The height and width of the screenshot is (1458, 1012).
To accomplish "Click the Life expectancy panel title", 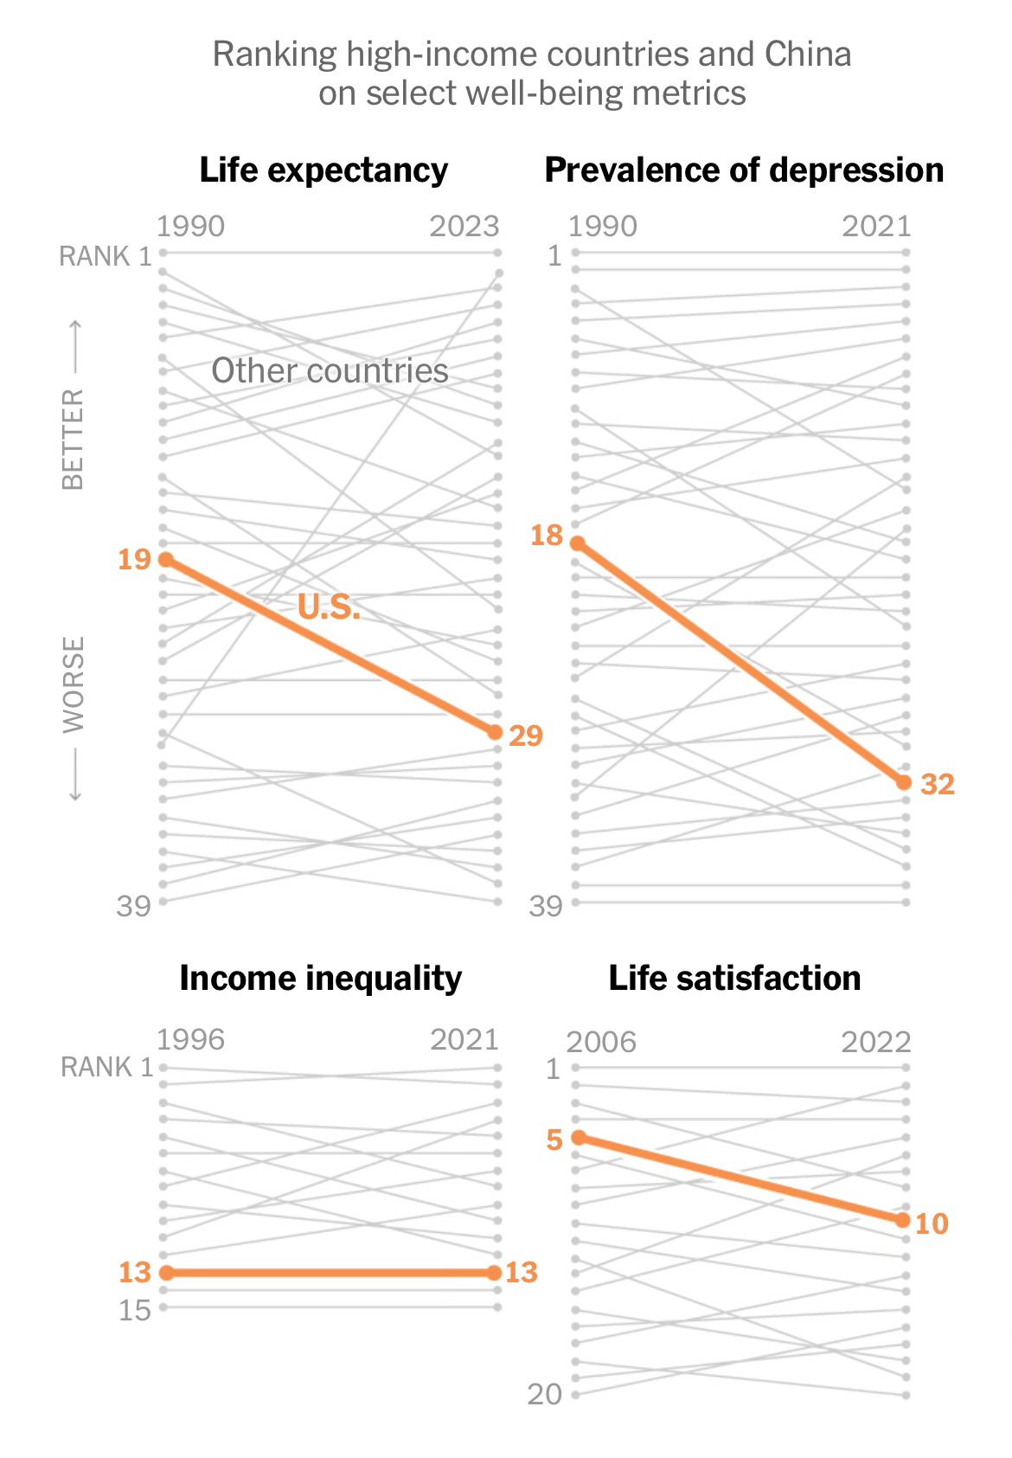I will [x=323, y=170].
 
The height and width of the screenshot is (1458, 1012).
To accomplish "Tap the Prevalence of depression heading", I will [x=744, y=170].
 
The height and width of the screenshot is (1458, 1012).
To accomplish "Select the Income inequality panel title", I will [x=320, y=979].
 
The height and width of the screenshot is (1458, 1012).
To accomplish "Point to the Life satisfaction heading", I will [x=734, y=979].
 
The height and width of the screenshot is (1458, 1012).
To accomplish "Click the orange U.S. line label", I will [x=329, y=607].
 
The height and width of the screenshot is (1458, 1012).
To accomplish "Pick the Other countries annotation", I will [x=330, y=371].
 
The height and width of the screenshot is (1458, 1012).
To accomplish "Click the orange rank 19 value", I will [x=135, y=560].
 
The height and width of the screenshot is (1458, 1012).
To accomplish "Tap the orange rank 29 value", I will [x=526, y=735].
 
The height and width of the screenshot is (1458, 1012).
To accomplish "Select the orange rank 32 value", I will [x=938, y=784].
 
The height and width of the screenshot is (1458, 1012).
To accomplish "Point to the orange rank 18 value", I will [x=547, y=536].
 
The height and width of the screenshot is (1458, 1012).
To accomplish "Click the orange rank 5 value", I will [x=554, y=1140].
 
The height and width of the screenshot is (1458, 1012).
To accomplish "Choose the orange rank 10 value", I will [x=932, y=1224].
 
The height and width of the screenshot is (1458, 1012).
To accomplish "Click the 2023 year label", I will [x=464, y=227].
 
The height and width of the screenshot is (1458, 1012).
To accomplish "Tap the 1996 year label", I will [x=190, y=1039].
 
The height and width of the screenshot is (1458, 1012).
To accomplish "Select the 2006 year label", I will [x=601, y=1042].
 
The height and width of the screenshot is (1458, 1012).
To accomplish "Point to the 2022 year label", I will [x=876, y=1042].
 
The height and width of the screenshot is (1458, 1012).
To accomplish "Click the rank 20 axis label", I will [x=545, y=1394].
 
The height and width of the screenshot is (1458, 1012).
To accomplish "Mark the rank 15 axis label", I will [x=135, y=1310].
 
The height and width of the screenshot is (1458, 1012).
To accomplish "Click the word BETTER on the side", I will [x=74, y=439].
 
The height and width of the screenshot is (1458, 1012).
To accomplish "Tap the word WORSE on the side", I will [x=74, y=684].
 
